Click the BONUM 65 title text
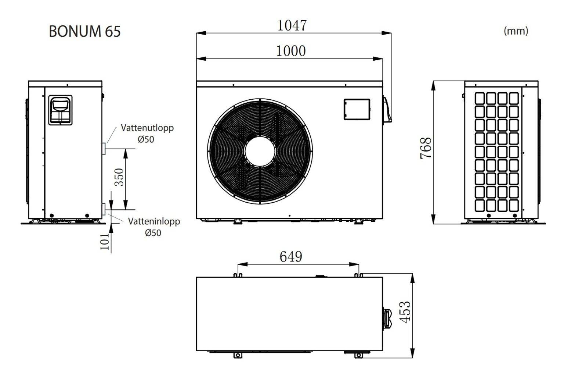[x=85, y=31]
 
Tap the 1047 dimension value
[x=292, y=25]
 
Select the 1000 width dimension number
[x=291, y=51]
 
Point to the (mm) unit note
[x=516, y=31]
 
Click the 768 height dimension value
[x=426, y=148]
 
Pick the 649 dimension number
[x=291, y=257]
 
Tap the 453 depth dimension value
[x=405, y=312]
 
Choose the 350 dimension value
[x=119, y=177]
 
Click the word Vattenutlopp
[x=147, y=128]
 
